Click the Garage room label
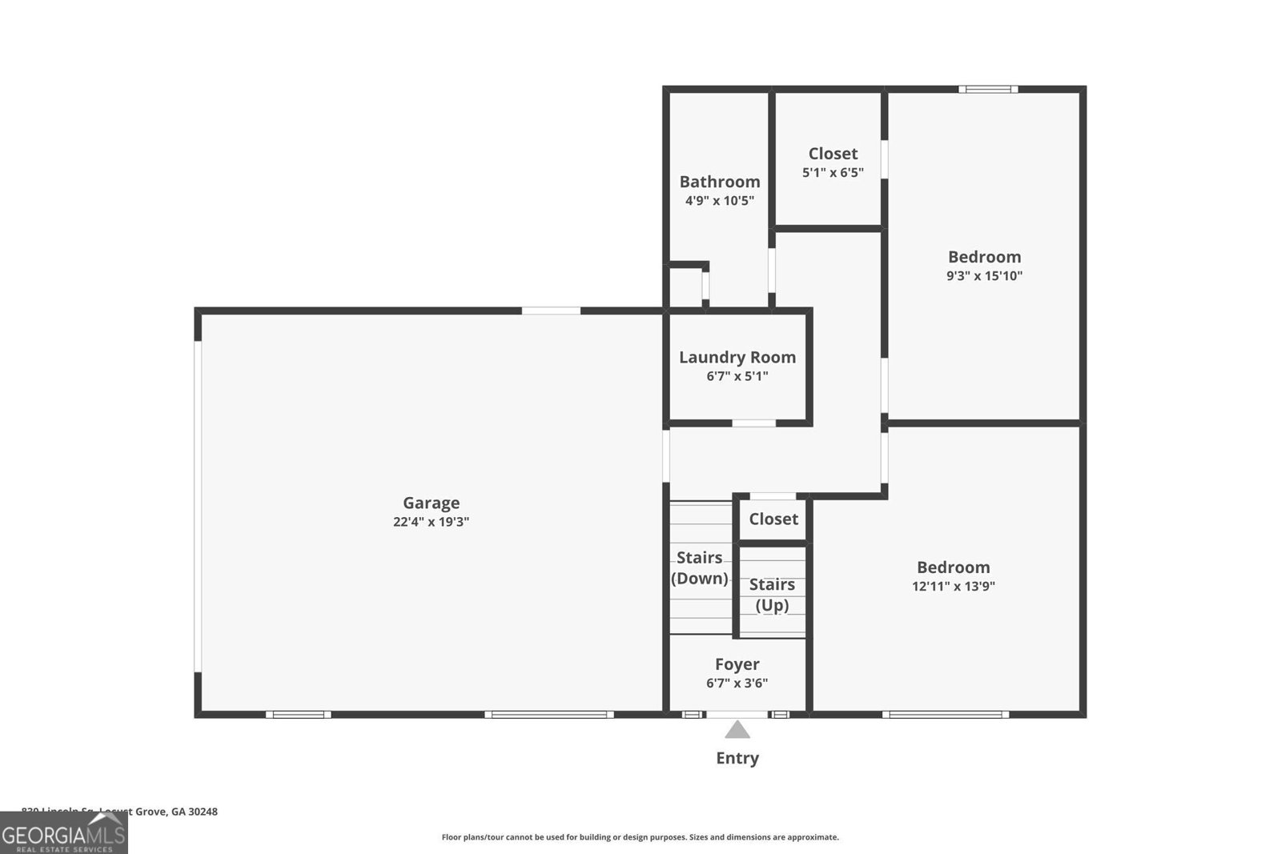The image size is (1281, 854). click(431, 503)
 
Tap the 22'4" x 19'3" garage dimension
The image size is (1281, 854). click(431, 522)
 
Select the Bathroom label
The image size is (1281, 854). click(720, 182)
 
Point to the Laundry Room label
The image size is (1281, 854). click(737, 357)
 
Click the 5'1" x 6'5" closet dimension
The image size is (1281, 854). click(833, 172)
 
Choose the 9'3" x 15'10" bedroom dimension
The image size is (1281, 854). click(984, 276)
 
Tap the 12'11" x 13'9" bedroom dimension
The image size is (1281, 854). click(953, 586)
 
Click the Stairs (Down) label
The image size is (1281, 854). click(700, 567)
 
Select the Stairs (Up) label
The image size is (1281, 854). click(772, 595)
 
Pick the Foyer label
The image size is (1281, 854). click(737, 664)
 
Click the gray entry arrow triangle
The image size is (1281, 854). click(737, 730)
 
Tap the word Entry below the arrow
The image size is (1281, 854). click(737, 758)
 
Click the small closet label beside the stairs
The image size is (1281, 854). click(773, 519)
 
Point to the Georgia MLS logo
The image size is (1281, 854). click(64, 833)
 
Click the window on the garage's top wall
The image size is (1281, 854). click(551, 311)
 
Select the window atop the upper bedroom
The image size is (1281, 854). click(988, 89)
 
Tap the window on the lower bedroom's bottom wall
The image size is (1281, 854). click(945, 714)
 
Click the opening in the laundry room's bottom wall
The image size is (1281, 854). click(754, 423)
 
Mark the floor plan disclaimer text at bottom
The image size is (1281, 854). click(640, 837)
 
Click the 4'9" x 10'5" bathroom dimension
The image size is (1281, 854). click(720, 201)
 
